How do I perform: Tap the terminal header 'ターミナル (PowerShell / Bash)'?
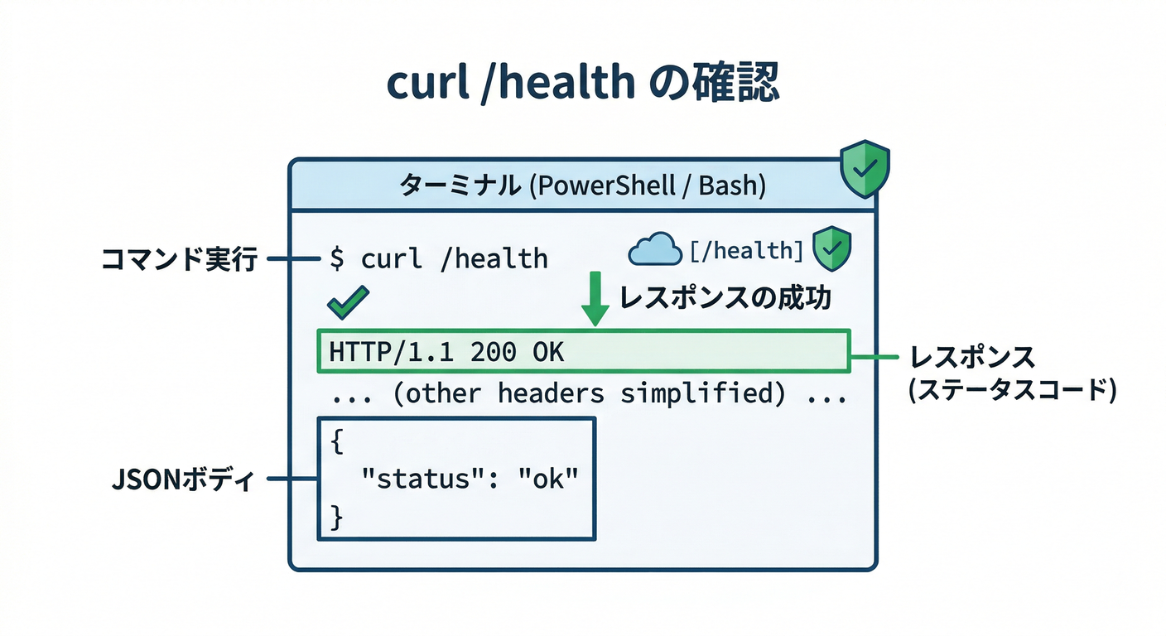[582, 185]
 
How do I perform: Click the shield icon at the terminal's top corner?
[865, 169]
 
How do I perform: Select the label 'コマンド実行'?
[178, 259]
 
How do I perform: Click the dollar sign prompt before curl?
[337, 258]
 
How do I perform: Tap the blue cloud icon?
[655, 248]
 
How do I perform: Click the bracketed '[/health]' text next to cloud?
[746, 249]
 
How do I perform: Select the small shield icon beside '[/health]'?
[831, 249]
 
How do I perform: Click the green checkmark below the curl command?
[348, 304]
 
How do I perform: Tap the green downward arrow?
[595, 301]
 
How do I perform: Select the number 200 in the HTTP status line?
[494, 352]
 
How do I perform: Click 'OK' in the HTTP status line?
[548, 352]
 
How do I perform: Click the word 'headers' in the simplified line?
[552, 394]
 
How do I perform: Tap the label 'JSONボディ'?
[183, 479]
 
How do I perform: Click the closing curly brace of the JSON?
[336, 518]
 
